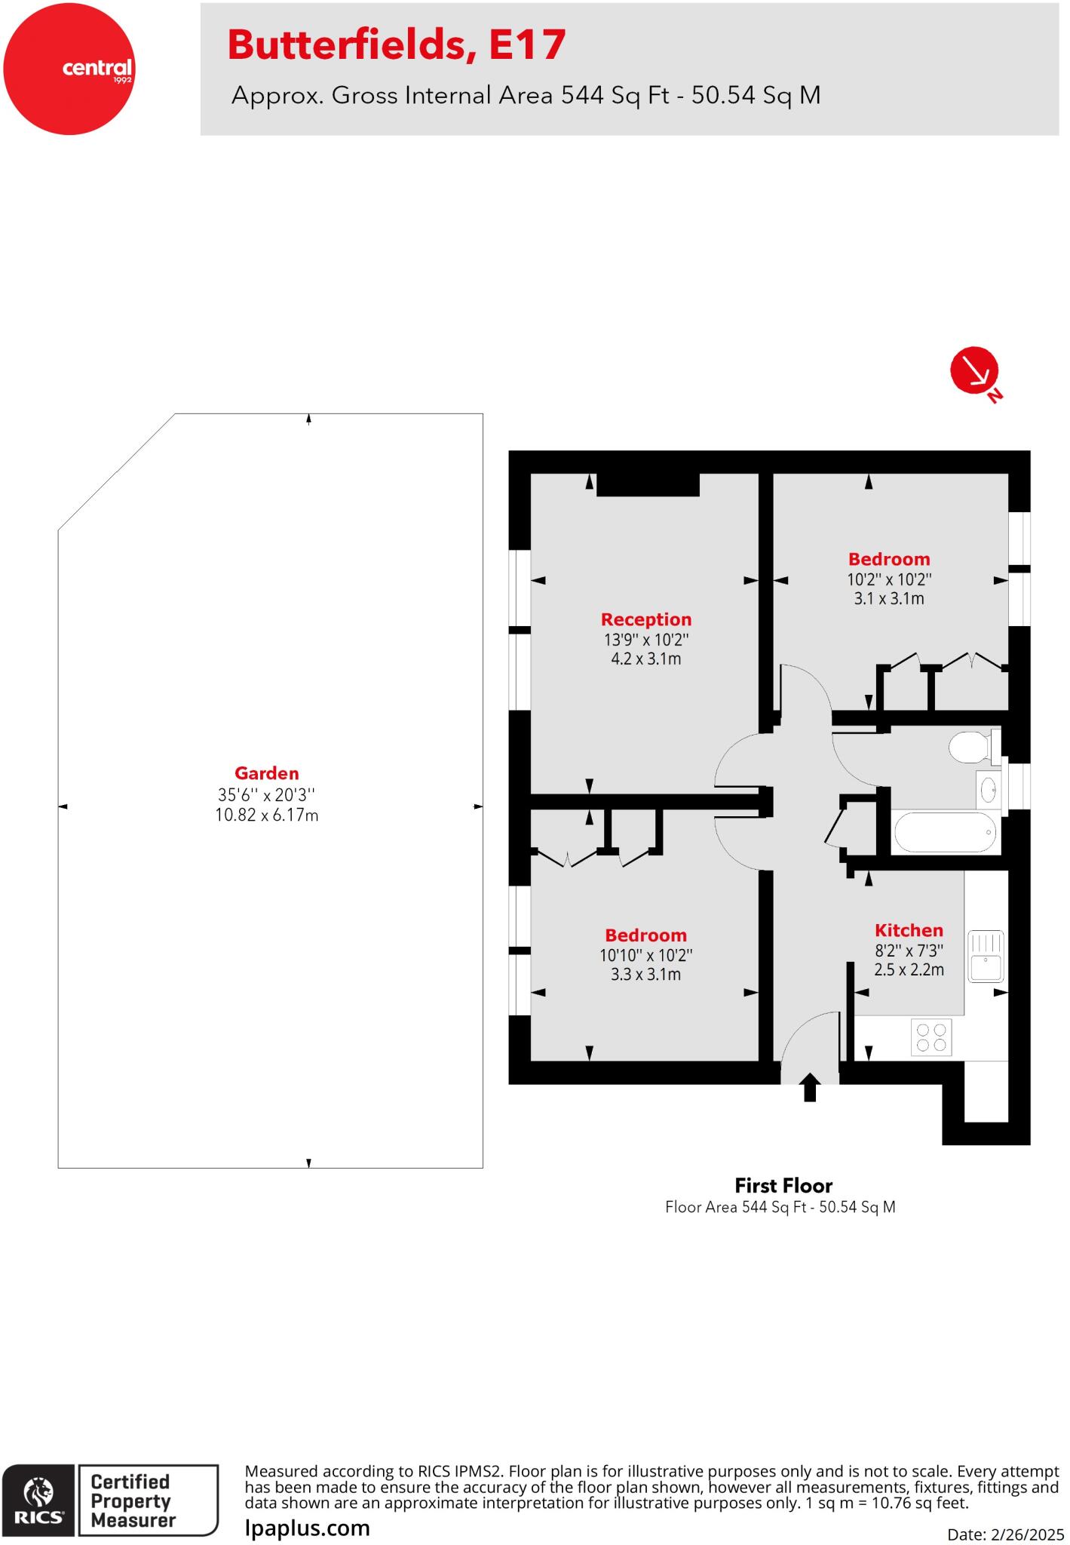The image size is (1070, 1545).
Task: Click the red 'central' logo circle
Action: (x=69, y=69)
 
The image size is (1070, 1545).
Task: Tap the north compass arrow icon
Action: (x=974, y=371)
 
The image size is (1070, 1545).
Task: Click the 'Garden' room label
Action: (x=266, y=773)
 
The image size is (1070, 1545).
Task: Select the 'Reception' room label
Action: (x=645, y=619)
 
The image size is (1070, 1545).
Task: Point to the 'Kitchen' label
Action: (x=909, y=930)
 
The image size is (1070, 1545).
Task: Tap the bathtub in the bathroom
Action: (x=945, y=832)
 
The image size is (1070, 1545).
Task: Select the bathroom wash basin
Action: (x=988, y=791)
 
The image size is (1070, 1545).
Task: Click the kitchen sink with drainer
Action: (x=986, y=955)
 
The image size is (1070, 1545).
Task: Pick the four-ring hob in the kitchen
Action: (x=932, y=1037)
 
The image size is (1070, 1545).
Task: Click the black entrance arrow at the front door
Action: (x=810, y=1087)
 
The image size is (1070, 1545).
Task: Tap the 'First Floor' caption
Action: (x=783, y=1185)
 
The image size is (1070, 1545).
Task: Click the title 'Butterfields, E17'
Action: (x=397, y=45)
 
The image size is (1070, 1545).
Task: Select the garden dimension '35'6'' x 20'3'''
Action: (x=266, y=794)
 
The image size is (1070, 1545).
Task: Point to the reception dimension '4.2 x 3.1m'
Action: (x=645, y=659)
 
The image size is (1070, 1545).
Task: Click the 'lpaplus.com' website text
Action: (x=308, y=1528)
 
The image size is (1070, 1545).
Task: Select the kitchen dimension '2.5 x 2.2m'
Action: (x=909, y=969)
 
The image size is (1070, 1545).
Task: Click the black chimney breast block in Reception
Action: (x=648, y=484)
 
